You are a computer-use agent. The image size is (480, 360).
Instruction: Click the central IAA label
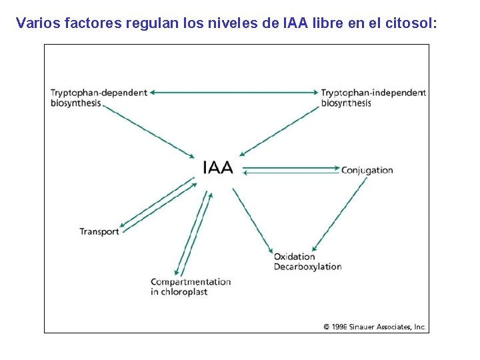click(x=218, y=167)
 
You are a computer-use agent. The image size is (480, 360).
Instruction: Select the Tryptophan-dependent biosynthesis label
click(x=98, y=97)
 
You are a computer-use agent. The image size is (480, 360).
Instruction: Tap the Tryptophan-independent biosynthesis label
click(x=373, y=97)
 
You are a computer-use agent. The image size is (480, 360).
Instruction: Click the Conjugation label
click(x=367, y=170)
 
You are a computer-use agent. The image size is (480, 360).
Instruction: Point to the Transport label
click(x=99, y=231)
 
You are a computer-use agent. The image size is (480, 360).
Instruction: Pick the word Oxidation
click(x=294, y=257)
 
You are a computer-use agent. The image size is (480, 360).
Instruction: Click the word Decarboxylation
click(x=307, y=267)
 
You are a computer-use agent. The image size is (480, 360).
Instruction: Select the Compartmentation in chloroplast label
click(x=190, y=287)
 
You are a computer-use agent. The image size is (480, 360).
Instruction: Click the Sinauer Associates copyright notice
click(x=374, y=327)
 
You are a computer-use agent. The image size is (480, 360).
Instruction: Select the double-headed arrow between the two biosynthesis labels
click(x=233, y=93)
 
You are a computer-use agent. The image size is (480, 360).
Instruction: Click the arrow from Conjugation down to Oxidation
click(x=340, y=213)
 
